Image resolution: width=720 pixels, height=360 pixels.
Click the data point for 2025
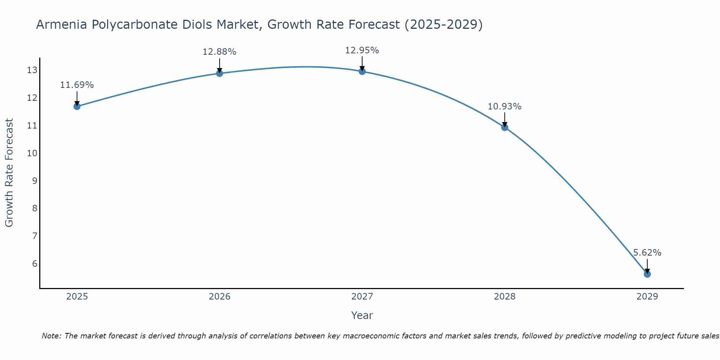click(x=77, y=106)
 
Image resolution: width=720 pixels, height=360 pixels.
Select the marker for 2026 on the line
click(x=220, y=73)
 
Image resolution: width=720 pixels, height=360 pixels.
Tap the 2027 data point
click(x=362, y=71)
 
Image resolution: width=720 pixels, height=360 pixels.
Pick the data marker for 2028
click(x=505, y=127)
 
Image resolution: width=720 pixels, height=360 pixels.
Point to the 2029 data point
click(x=647, y=274)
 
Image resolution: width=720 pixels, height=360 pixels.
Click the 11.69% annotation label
click(x=77, y=85)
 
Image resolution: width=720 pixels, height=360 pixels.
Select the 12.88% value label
click(x=219, y=52)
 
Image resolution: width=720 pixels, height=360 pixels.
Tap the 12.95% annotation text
click(x=362, y=50)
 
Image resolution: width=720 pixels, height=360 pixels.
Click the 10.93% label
click(x=504, y=107)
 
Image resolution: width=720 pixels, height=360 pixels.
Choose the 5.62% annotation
click(x=647, y=253)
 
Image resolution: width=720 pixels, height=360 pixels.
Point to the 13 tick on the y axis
click(x=32, y=70)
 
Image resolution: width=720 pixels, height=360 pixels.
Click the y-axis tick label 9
click(x=35, y=181)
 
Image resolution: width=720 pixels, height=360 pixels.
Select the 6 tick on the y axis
click(x=35, y=264)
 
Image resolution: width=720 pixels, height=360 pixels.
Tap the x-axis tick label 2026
click(x=220, y=297)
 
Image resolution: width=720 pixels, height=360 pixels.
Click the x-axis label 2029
click(x=647, y=297)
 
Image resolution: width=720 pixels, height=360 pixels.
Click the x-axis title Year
click(x=362, y=315)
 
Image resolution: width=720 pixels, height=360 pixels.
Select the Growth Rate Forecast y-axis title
click(x=9, y=173)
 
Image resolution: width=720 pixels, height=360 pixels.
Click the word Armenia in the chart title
click(x=62, y=25)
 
